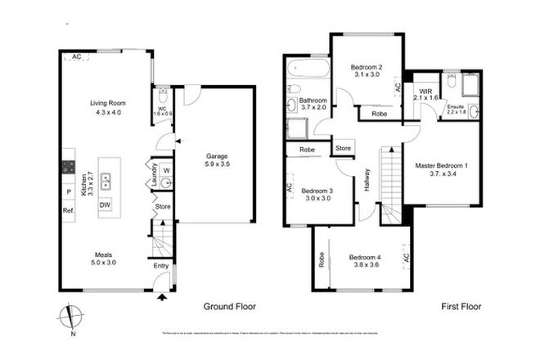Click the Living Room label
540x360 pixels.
pyautogui.click(x=106, y=103)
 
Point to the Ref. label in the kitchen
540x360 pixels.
pyautogui.click(x=69, y=210)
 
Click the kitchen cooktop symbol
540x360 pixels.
pyautogui.click(x=68, y=167)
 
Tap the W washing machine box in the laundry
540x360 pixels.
pyautogui.click(x=166, y=170)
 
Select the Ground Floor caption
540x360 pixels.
pyautogui.click(x=229, y=307)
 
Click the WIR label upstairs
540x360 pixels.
pyautogui.click(x=425, y=90)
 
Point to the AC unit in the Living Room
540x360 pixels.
pyautogui.click(x=77, y=56)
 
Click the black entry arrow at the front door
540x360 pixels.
pyautogui.click(x=162, y=297)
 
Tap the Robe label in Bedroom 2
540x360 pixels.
pyautogui.click(x=379, y=114)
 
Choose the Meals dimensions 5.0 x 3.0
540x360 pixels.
pyautogui.click(x=105, y=264)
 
